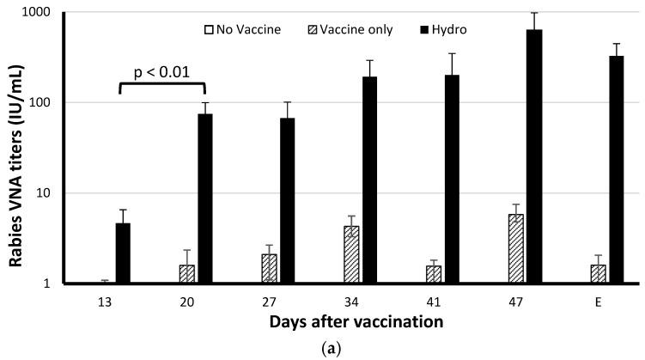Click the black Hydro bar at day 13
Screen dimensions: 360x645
coord(123,253)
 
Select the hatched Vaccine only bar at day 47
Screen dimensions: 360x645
coord(515,248)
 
